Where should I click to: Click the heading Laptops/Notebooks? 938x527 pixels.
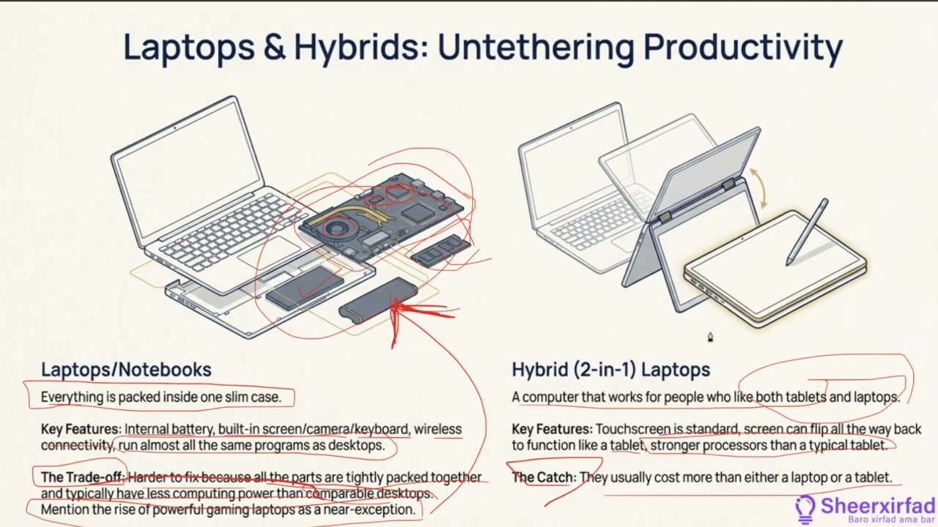click(126, 370)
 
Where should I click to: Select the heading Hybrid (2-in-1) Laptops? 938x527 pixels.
click(610, 370)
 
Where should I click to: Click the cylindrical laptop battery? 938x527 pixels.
click(377, 299)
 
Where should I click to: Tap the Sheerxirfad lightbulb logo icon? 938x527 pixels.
click(805, 508)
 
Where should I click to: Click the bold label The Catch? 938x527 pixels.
click(543, 477)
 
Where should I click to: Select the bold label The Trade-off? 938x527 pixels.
click(82, 477)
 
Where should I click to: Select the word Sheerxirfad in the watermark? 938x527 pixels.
click(878, 506)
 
